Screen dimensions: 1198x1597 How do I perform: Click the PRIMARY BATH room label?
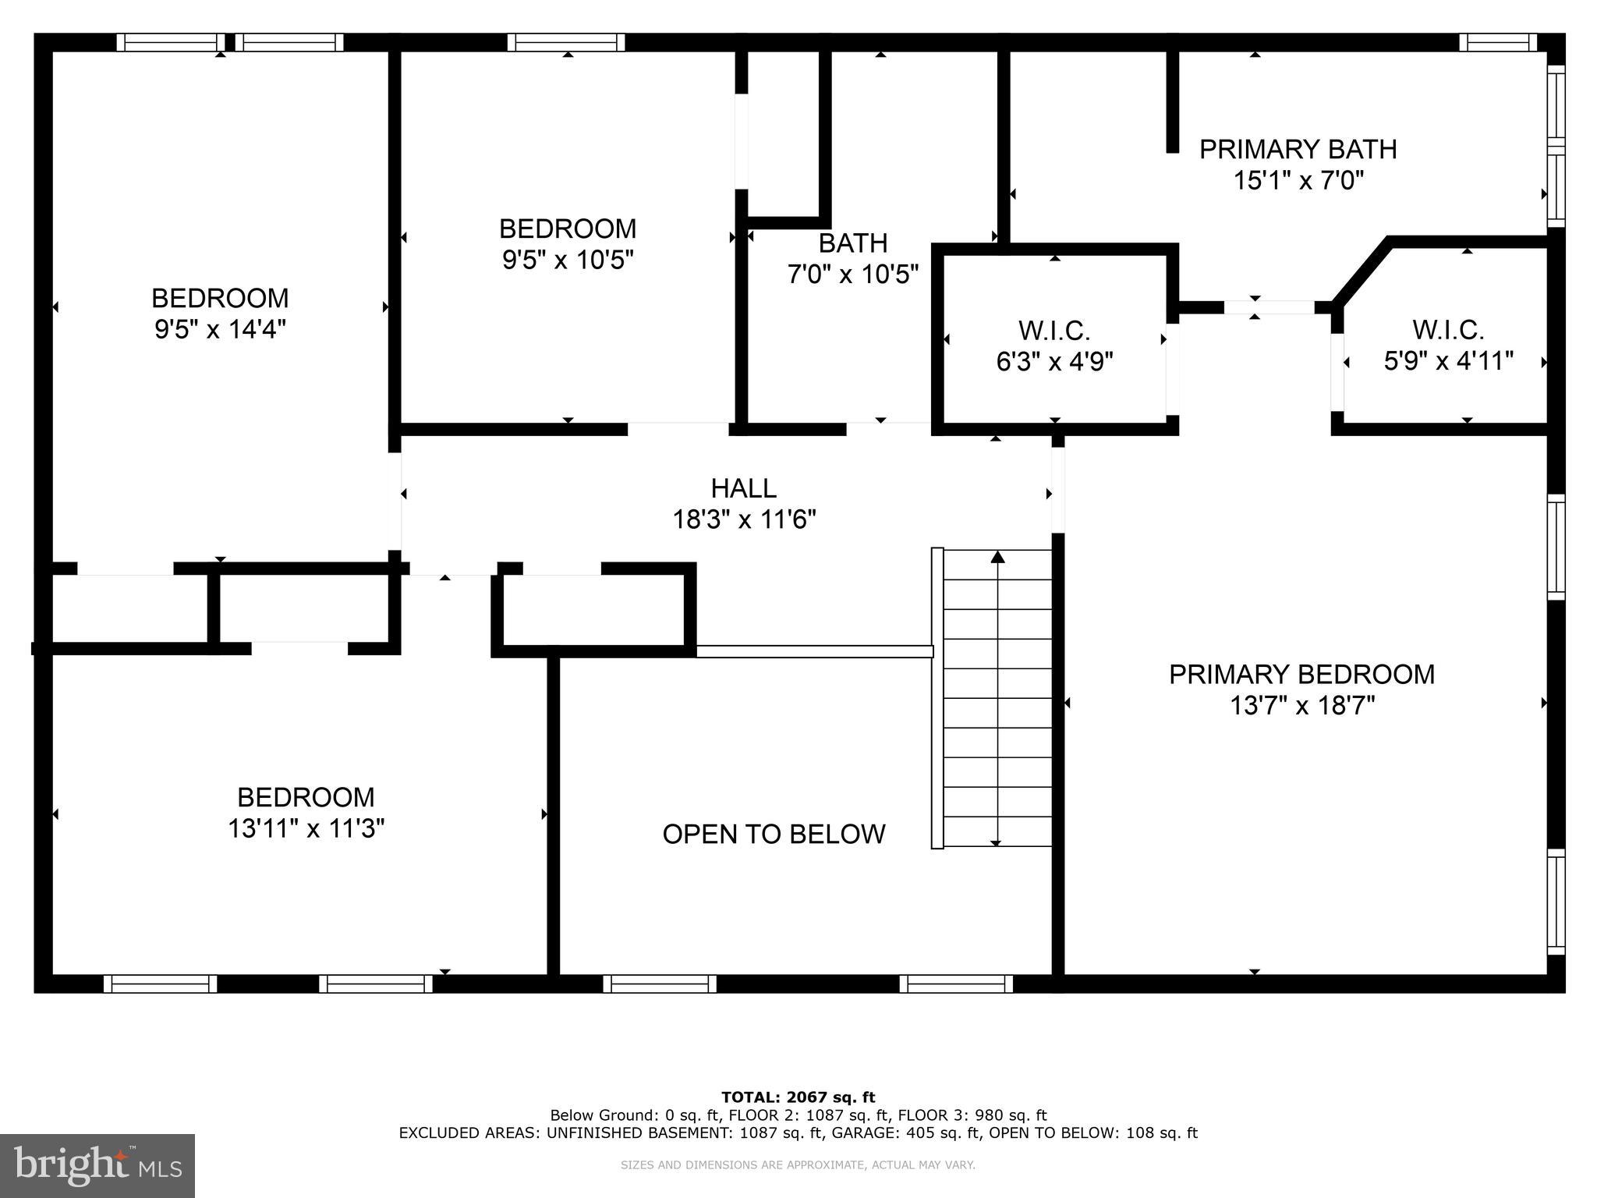(1298, 149)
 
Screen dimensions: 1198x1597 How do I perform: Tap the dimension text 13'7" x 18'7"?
(1301, 706)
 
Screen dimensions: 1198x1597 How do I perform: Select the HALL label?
(743, 488)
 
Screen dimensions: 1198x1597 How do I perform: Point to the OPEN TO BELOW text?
(774, 835)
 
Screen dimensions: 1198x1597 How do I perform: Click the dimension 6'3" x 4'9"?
(1054, 362)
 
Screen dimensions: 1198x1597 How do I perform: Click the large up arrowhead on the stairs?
(997, 557)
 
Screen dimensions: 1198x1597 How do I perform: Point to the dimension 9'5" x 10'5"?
(567, 260)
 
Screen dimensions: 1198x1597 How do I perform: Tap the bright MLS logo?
(97, 1165)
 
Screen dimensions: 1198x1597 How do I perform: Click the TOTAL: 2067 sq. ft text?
(798, 1097)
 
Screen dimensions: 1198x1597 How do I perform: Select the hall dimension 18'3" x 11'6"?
(744, 519)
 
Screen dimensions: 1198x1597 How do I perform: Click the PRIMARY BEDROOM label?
(1301, 675)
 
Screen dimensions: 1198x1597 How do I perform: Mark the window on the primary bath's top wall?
(1497, 42)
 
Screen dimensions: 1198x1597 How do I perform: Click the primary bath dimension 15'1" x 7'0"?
(1298, 181)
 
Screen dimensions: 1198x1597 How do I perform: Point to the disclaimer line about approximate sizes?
(798, 1165)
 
